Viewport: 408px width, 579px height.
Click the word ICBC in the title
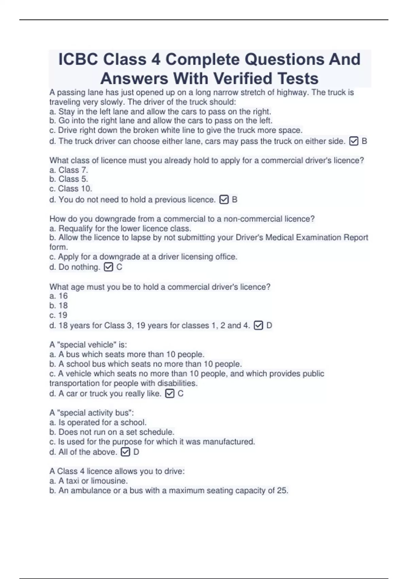[x=78, y=60]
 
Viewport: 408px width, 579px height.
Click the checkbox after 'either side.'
[x=354, y=141]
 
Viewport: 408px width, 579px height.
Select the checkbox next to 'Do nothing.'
[x=108, y=267]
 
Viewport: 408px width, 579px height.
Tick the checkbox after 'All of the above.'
[x=125, y=452]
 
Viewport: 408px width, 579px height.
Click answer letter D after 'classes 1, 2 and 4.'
[x=269, y=326]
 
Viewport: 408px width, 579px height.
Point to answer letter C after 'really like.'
[x=181, y=394]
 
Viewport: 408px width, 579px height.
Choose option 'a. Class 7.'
[x=69, y=170]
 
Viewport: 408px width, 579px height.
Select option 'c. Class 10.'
[x=71, y=189]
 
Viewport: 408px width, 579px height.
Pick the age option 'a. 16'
[x=58, y=296]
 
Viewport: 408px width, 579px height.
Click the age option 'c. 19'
[x=58, y=315]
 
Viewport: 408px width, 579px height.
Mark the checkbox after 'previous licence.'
[x=224, y=200]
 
